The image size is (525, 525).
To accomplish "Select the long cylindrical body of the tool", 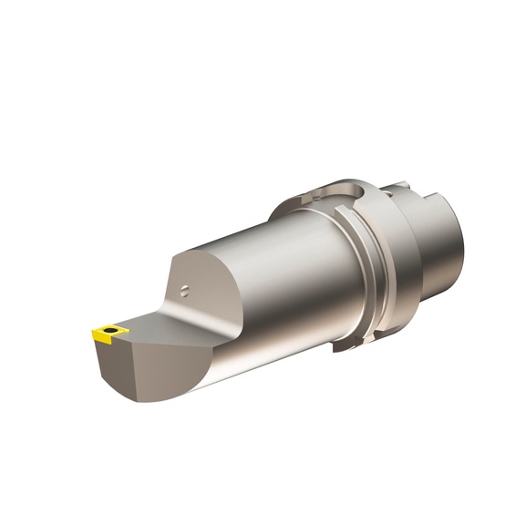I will [273, 273].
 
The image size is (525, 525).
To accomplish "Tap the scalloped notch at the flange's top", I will [351, 189].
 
